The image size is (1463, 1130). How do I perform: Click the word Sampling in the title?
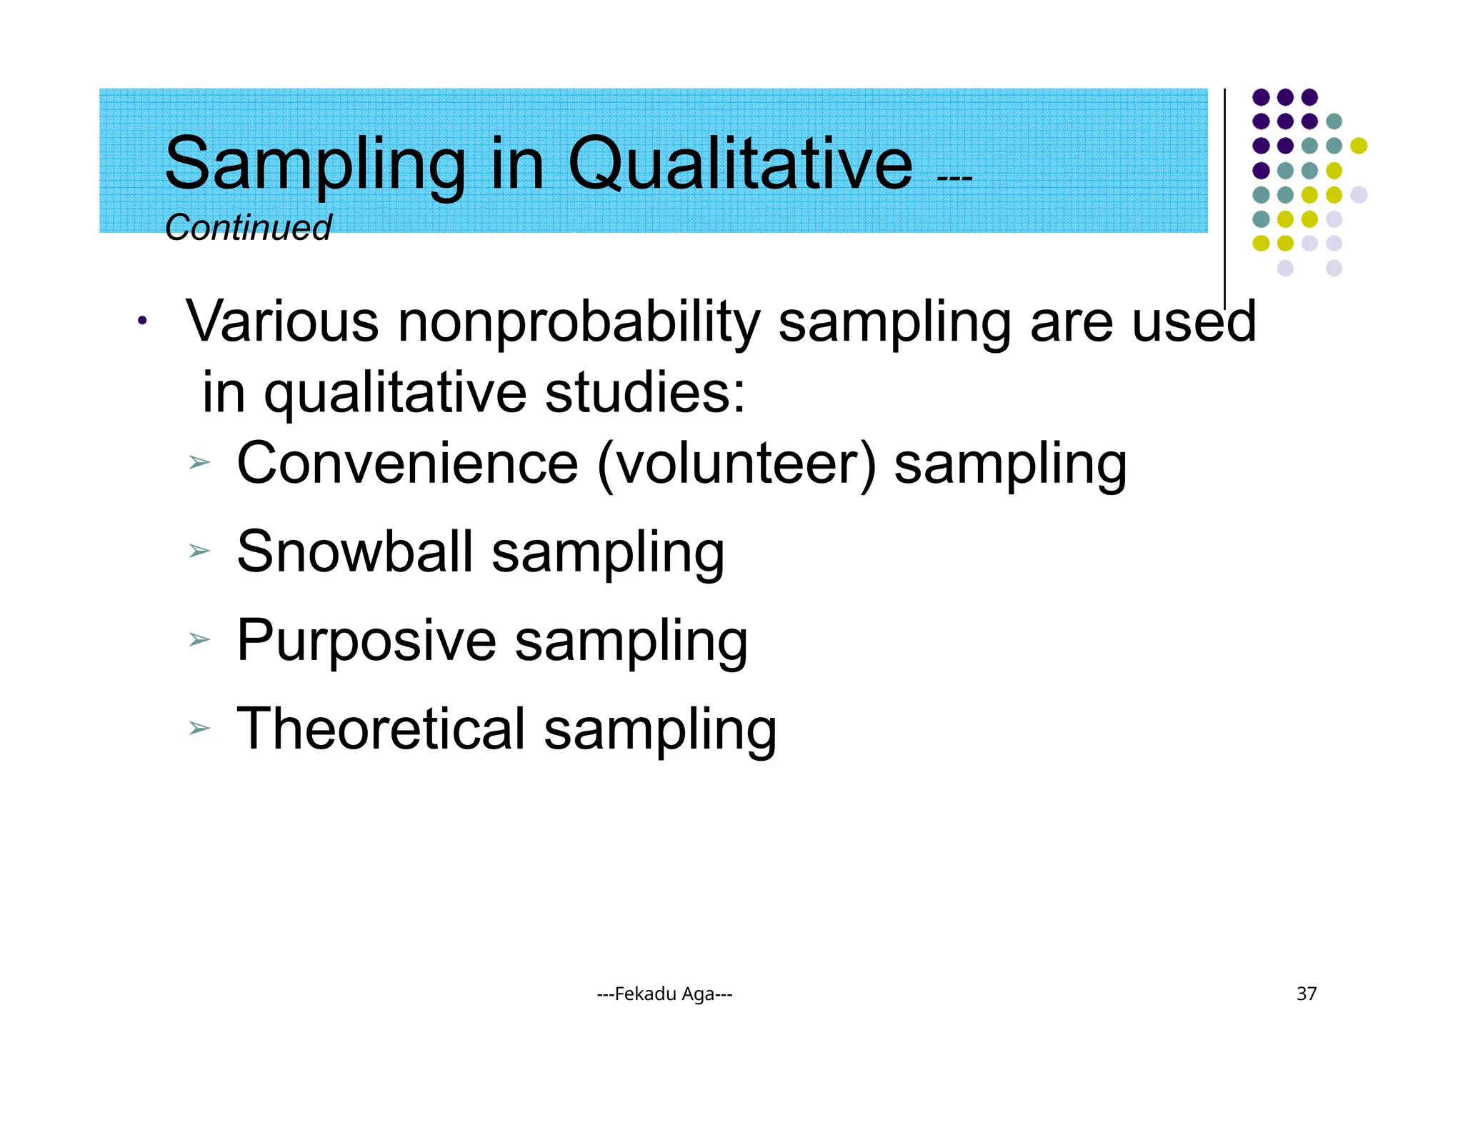point(315,166)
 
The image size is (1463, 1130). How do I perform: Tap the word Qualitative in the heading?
point(740,166)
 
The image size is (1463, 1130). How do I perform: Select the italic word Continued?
point(248,228)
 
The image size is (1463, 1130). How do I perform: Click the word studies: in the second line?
point(644,393)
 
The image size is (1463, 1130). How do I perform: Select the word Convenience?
point(407,464)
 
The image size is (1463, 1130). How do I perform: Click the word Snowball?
point(355,552)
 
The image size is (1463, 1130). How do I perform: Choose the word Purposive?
point(366,641)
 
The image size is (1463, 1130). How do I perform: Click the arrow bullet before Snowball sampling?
point(199,551)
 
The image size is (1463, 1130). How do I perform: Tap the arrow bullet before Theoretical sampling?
point(199,729)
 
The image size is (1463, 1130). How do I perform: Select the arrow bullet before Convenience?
point(199,463)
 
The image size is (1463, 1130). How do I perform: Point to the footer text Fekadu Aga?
point(664,994)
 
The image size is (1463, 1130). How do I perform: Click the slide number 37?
point(1306,994)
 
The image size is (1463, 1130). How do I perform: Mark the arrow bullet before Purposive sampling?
point(199,639)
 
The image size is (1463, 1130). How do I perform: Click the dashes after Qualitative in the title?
point(954,178)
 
